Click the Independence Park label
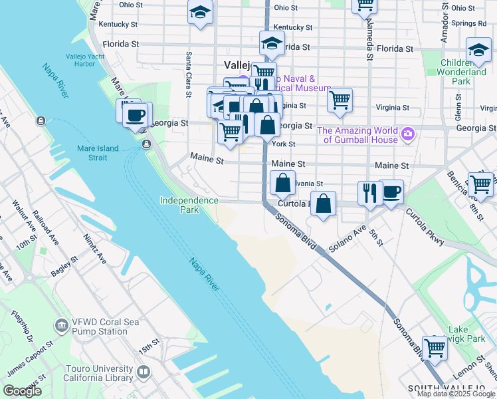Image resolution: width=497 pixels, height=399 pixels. tap(189, 205)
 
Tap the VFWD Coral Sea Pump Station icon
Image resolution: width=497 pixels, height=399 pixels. tap(62, 326)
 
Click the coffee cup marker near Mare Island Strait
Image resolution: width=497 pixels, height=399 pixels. tap(136, 114)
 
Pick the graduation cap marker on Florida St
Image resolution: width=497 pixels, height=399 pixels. tap(271, 43)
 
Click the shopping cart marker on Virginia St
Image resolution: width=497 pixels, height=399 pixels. tap(340, 100)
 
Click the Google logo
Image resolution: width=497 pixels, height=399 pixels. tap(23, 391)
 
